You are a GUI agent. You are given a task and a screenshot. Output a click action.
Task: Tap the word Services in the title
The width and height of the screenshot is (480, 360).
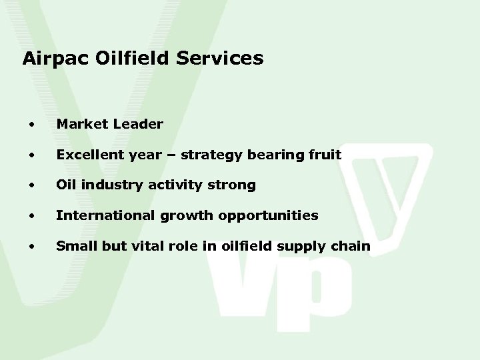pyautogui.click(x=221, y=59)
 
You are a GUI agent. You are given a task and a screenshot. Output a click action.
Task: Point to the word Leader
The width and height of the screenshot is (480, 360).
pyautogui.click(x=139, y=124)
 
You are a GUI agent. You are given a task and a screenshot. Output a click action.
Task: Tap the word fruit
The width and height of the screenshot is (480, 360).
pyautogui.click(x=326, y=155)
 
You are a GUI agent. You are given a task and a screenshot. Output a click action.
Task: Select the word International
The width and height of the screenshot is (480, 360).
pyautogui.click(x=99, y=216)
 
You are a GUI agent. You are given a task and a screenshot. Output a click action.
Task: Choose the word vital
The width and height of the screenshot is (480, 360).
pyautogui.click(x=145, y=246)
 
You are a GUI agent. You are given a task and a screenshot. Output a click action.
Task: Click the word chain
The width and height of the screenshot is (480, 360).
pyautogui.click(x=353, y=246)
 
